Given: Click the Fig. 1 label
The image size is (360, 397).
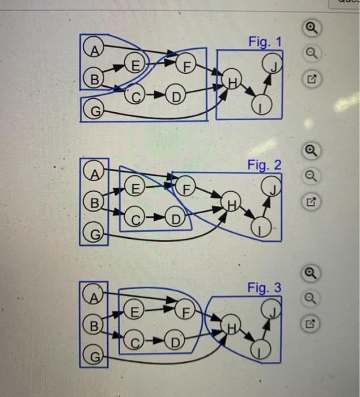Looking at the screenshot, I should tap(264, 41).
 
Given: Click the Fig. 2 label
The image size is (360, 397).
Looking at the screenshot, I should tap(264, 165).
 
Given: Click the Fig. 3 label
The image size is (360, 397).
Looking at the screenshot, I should tap(264, 288).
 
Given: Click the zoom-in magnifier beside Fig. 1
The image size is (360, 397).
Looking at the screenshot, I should tap(311, 29).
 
